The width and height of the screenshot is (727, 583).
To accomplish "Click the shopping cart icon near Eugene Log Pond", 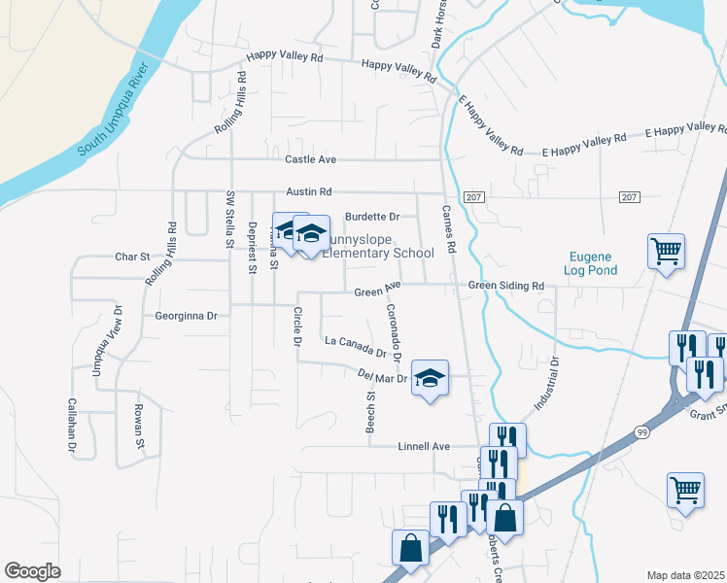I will pyautogui.click(x=667, y=251).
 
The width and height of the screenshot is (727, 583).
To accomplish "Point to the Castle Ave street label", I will pyautogui.click(x=310, y=159).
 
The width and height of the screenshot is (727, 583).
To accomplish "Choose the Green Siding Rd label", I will pyautogui.click(x=505, y=286).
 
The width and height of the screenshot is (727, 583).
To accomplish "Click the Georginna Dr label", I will pyautogui.click(x=186, y=316).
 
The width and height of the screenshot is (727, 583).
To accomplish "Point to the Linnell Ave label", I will pyautogui.click(x=425, y=447).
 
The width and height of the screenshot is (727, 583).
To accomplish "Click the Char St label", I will pyautogui.click(x=131, y=257).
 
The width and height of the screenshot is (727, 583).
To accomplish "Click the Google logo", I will pyautogui.click(x=32, y=571).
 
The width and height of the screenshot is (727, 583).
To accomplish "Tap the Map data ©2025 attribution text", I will pyautogui.click(x=685, y=575).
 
